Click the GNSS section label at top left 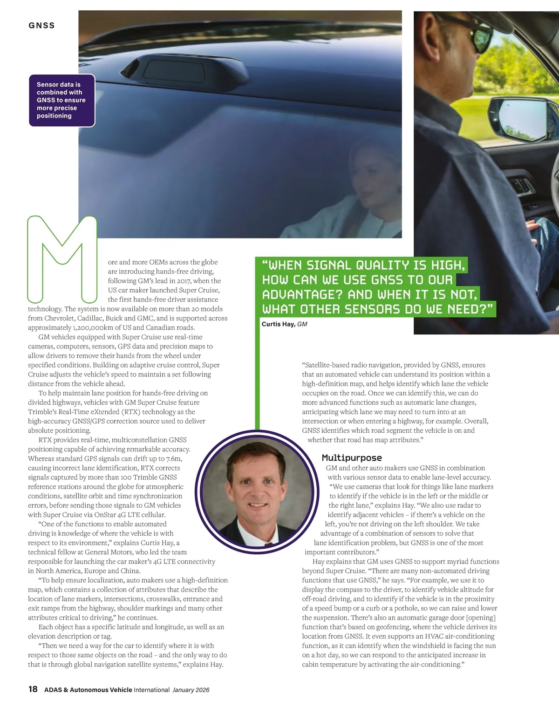[41, 26]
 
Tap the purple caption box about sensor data [62, 100]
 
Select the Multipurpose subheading [352, 458]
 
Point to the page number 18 [33, 689]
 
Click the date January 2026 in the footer [191, 690]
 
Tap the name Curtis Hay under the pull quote [278, 324]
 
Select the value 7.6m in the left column [174, 458]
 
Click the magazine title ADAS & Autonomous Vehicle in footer [88, 690]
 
